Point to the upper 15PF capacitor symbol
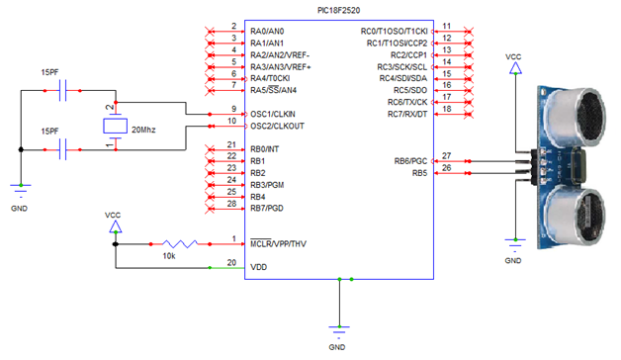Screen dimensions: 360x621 65,91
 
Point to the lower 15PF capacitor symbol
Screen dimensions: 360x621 65,149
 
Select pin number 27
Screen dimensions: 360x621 447,155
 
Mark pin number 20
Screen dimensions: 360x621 231,263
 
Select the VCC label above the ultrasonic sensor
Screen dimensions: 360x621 513,57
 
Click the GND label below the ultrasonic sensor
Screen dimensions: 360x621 513,260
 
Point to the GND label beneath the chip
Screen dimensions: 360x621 337,347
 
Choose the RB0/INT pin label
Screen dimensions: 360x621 266,149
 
